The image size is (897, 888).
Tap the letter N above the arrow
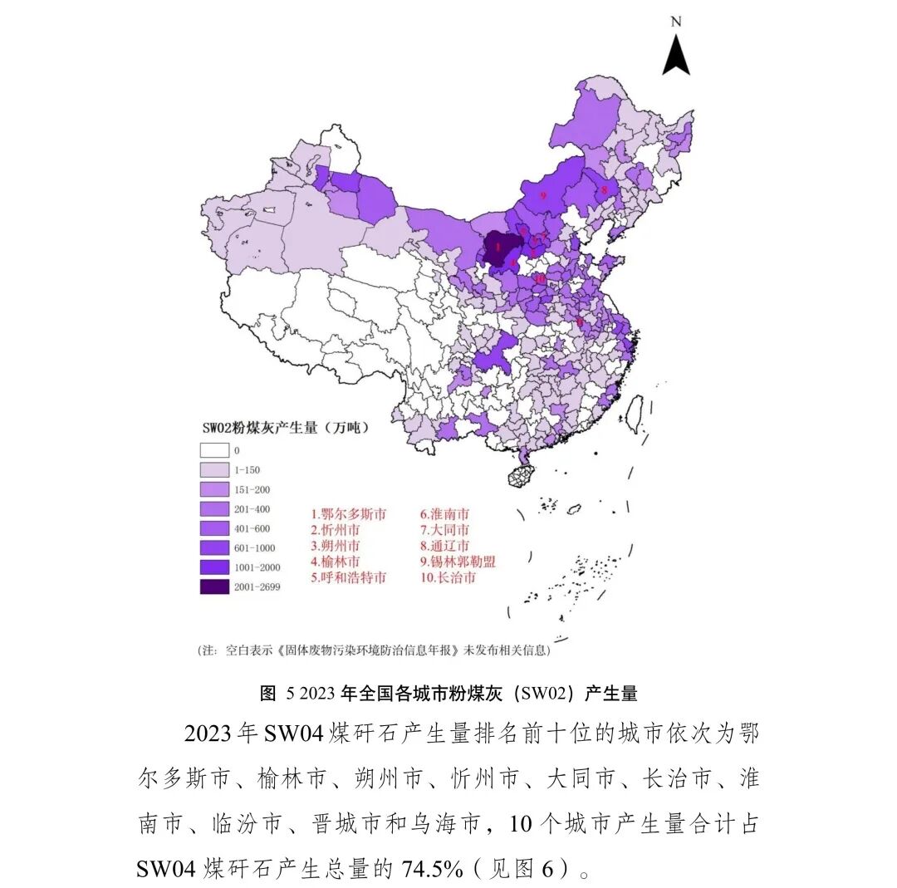coord(676,22)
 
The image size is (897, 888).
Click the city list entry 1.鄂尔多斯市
coord(349,515)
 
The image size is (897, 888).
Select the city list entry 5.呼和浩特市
coord(349,577)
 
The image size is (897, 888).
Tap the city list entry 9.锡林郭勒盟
coord(458,562)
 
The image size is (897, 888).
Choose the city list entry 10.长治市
coord(448,577)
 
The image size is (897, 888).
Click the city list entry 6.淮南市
coord(444,515)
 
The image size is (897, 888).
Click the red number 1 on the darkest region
coord(497,246)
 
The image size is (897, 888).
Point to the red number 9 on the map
coord(542,195)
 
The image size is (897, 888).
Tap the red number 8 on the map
coord(604,190)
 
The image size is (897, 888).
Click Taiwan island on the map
coord(634,414)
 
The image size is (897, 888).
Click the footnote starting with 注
coord(373,650)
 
